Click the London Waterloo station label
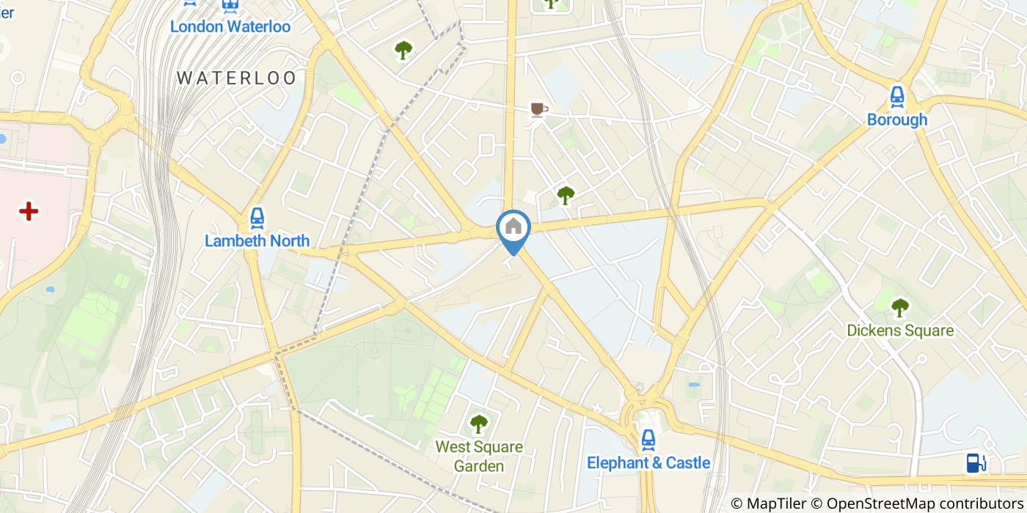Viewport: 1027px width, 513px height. pyautogui.click(x=230, y=26)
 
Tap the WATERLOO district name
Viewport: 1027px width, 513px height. pyautogui.click(x=237, y=78)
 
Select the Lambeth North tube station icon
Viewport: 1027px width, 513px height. pyautogui.click(x=257, y=217)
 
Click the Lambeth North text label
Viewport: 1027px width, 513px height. pyautogui.click(x=257, y=240)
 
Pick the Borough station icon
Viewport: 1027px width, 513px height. pyautogui.click(x=896, y=96)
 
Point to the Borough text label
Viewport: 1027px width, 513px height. pyautogui.click(x=896, y=119)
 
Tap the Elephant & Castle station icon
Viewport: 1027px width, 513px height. pyautogui.click(x=648, y=439)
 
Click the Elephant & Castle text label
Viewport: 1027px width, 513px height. pyautogui.click(x=648, y=462)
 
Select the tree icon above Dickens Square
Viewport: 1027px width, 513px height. pyautogui.click(x=900, y=307)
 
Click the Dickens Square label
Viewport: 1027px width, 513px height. pyautogui.click(x=900, y=331)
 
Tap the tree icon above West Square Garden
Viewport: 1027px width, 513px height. pyautogui.click(x=479, y=423)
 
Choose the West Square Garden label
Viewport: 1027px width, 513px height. pyautogui.click(x=479, y=456)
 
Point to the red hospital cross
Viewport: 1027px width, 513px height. pyautogui.click(x=29, y=212)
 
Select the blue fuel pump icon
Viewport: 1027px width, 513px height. pyautogui.click(x=975, y=462)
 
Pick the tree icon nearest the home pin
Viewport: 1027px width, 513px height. pyautogui.click(x=565, y=195)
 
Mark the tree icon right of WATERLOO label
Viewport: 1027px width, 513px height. pyautogui.click(x=403, y=50)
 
